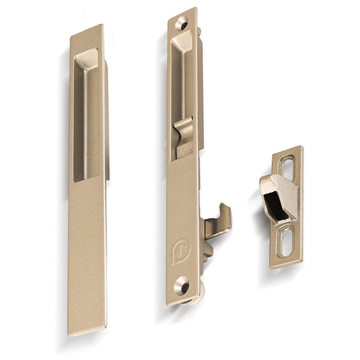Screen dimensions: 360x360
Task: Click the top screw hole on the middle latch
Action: (x=181, y=23)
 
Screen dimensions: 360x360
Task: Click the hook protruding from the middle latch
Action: (x=218, y=223)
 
